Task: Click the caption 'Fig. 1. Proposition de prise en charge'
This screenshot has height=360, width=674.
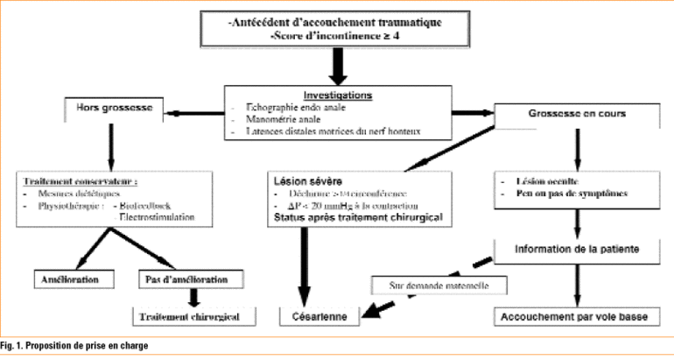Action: point(81,348)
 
